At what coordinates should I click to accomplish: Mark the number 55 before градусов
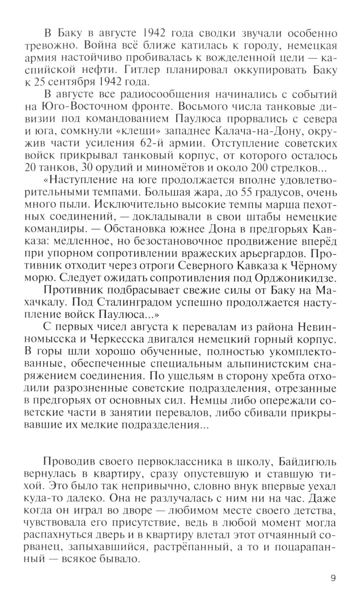coord(240,192)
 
